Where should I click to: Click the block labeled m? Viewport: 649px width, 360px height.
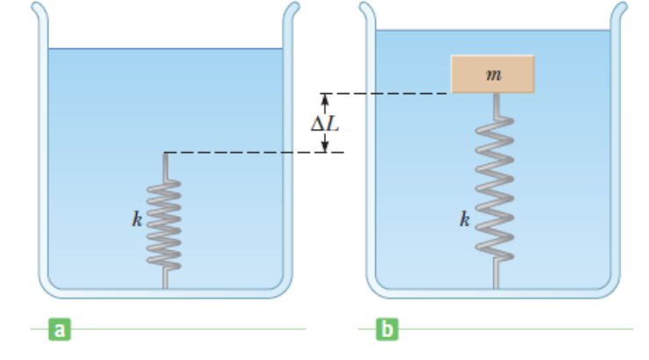point(494,74)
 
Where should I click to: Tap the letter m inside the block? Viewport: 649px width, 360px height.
point(494,75)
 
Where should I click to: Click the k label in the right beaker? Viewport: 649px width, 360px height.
point(464,220)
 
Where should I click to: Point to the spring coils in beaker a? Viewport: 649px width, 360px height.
point(165,224)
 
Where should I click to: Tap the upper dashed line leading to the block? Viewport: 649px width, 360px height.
point(386,94)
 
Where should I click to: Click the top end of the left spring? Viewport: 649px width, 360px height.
point(165,155)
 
